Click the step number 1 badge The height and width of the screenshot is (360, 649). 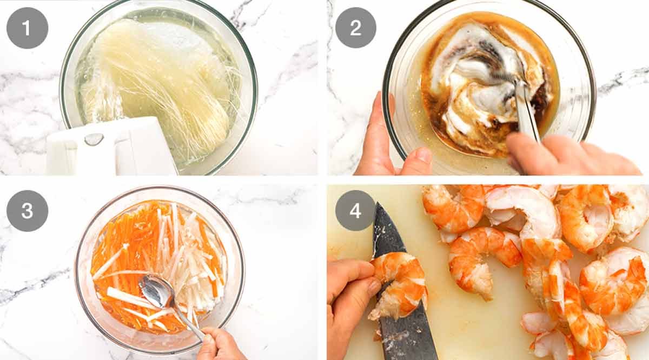pos(27,28)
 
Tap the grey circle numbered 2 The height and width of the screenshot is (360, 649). pos(356,28)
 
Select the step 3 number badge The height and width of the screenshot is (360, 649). pos(27,211)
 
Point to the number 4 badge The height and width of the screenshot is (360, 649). pos(355,211)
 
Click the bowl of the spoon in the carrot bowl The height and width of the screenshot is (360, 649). pos(156,291)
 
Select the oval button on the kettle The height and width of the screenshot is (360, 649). pos(94,139)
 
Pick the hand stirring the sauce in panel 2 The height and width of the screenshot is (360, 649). pos(568,155)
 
